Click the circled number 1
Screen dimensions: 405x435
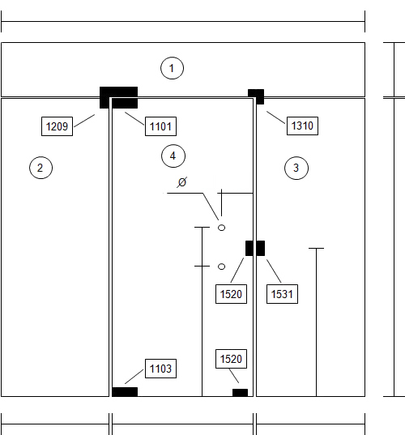coord(172,68)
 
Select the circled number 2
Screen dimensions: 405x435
coord(40,168)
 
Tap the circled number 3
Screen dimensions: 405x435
coord(296,168)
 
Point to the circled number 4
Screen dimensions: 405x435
coord(173,156)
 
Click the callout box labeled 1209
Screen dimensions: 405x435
coord(57,126)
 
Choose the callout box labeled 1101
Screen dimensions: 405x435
coord(160,126)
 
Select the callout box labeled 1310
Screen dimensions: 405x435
coord(302,126)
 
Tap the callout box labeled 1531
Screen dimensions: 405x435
coord(282,294)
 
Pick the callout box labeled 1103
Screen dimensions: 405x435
coord(160,369)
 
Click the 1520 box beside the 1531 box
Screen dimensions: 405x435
coord(231,294)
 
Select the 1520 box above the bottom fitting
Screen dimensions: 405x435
coord(231,359)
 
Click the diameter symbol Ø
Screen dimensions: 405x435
coord(182,182)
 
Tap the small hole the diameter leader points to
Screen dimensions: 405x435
coord(221,228)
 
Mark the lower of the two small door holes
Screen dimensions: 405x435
coord(221,267)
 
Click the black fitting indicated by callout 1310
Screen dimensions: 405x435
coord(256,96)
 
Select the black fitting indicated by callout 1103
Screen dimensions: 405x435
coord(125,392)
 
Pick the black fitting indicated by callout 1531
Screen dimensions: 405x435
coord(261,249)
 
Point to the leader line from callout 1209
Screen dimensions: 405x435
coord(84,121)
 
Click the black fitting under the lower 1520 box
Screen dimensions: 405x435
coord(240,393)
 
